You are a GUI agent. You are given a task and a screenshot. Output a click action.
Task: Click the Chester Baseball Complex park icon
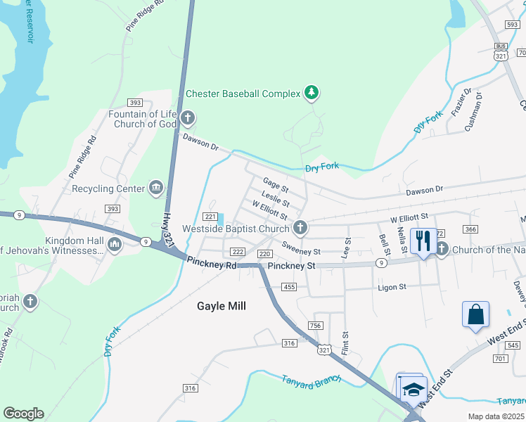click(312, 93)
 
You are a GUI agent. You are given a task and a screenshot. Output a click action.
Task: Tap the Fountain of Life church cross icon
click(186, 118)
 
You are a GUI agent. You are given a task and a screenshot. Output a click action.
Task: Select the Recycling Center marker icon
click(156, 188)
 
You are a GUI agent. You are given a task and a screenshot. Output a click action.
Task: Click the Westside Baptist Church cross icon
click(300, 228)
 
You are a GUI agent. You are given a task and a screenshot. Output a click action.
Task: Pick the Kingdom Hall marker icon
click(114, 244)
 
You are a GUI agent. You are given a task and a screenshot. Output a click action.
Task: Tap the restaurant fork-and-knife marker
click(423, 241)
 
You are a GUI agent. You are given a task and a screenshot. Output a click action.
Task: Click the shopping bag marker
click(475, 314)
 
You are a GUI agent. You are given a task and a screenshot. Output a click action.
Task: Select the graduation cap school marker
click(413, 388)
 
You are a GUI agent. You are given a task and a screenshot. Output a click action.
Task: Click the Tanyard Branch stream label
click(312, 379)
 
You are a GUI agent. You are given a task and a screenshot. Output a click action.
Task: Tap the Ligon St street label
click(392, 287)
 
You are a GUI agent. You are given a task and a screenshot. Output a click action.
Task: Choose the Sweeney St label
click(301, 250)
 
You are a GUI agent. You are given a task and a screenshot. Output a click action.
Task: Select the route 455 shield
click(288, 286)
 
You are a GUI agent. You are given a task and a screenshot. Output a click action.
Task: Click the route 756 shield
click(315, 325)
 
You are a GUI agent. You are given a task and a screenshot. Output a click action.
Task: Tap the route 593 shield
click(512, 24)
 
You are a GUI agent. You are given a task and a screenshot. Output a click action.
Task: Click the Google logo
click(23, 414)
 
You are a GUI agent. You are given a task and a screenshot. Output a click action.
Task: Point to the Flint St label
click(345, 344)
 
